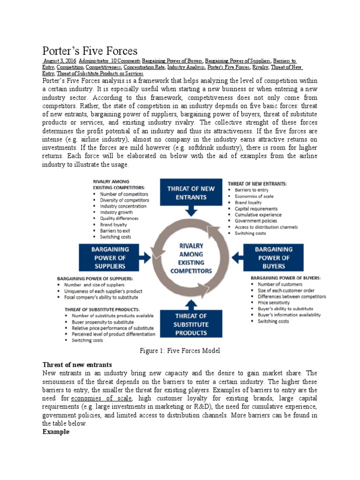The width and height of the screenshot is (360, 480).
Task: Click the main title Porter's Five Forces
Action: click(90, 51)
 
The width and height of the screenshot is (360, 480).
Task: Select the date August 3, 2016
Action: click(60, 61)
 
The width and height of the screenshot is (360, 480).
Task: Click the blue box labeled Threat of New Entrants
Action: click(192, 193)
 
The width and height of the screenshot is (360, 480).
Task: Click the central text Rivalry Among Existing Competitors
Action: click(191, 258)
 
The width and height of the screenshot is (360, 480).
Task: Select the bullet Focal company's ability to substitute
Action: click(105, 297)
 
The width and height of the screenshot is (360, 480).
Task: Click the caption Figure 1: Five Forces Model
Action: click(180, 351)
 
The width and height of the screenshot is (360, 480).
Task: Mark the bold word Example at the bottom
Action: click(56, 432)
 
